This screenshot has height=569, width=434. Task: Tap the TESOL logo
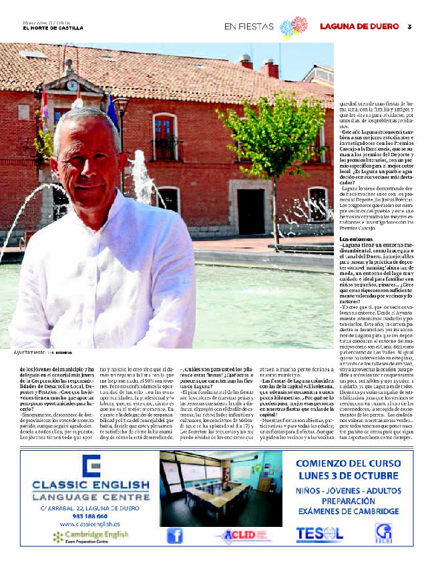[319, 534]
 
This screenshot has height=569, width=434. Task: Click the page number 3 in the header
[409, 26]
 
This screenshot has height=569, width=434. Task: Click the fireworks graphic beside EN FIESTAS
[293, 27]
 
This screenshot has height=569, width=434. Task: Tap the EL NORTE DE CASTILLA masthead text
[53, 28]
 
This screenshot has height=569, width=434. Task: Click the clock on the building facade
[71, 85]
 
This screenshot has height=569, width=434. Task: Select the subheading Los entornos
[357, 238]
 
